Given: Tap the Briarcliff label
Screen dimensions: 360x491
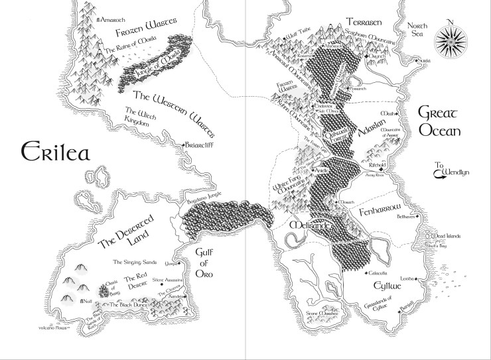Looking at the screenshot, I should click(203, 145).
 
